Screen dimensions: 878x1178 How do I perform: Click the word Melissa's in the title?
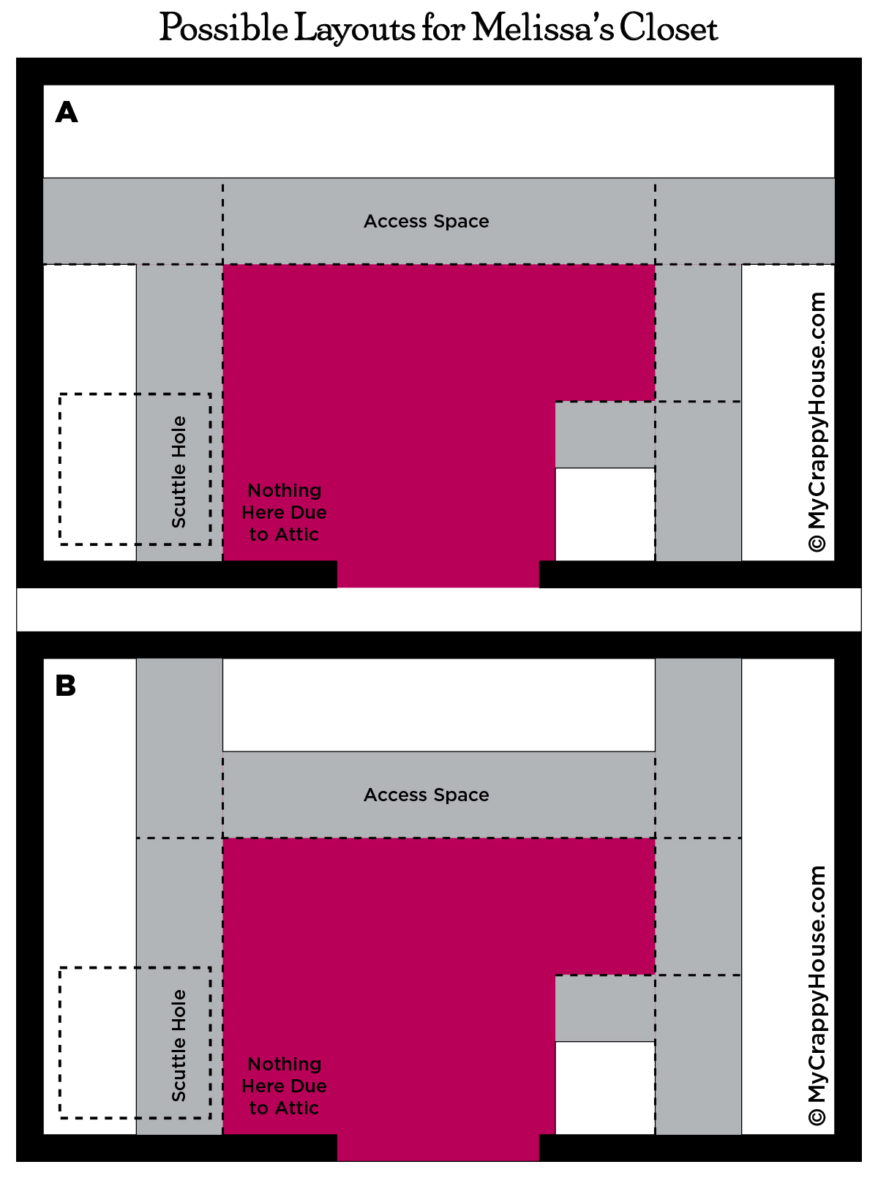(x=543, y=27)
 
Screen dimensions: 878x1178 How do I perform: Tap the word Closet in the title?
(x=669, y=27)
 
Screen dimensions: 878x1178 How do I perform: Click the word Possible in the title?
(x=224, y=28)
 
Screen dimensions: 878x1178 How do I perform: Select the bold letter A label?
(x=67, y=112)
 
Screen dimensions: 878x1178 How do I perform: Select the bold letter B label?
(x=66, y=686)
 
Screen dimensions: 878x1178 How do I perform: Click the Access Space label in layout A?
(x=427, y=221)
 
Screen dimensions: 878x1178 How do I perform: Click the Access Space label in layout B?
(x=427, y=795)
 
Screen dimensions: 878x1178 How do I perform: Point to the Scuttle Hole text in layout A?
(x=179, y=472)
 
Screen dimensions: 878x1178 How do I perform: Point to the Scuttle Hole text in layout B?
(x=179, y=1046)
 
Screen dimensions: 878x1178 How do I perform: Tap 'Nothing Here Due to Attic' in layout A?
(x=285, y=512)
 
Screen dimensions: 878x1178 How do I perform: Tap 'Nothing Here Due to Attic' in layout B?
(x=285, y=1086)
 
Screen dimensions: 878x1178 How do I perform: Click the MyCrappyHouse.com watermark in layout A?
(x=817, y=422)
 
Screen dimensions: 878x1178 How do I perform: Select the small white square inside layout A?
(x=605, y=514)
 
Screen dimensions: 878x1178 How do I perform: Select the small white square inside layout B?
(x=605, y=1088)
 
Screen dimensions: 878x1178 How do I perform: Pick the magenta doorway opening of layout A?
(x=438, y=574)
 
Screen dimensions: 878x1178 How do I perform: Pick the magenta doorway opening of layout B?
(x=438, y=1147)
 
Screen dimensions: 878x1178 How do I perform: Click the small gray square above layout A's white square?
(x=605, y=435)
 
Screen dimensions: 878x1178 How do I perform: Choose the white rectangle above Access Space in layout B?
(x=439, y=705)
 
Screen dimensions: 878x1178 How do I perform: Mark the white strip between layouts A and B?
(x=439, y=609)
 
